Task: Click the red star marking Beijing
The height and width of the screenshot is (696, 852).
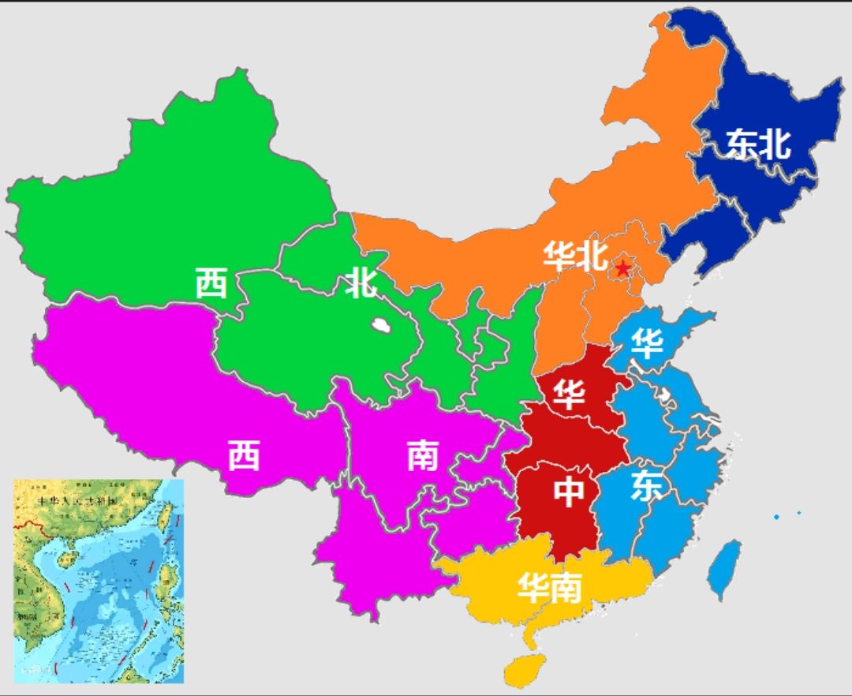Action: click(x=623, y=268)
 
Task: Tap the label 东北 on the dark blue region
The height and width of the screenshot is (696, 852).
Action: click(x=758, y=144)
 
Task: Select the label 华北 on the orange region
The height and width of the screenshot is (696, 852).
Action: click(x=575, y=256)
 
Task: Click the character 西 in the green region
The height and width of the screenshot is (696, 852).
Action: click(x=211, y=283)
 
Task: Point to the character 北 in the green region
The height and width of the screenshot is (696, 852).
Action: click(x=361, y=283)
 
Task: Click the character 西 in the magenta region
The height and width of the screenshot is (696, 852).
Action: click(x=244, y=455)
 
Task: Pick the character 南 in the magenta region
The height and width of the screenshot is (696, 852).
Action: click(x=423, y=455)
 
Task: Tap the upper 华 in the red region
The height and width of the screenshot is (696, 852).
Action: click(x=568, y=393)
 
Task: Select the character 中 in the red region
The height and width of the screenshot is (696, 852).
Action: click(x=568, y=491)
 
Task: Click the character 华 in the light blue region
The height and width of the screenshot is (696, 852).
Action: click(x=647, y=344)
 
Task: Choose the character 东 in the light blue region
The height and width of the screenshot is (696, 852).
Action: click(x=646, y=487)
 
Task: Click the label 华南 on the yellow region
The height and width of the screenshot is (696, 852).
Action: click(x=550, y=587)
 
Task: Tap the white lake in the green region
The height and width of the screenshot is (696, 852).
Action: click(x=383, y=324)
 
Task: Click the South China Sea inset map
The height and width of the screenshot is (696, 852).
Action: click(x=99, y=580)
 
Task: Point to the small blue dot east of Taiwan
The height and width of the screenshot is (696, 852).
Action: click(x=776, y=517)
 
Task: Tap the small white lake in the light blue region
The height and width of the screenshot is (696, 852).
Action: click(x=667, y=392)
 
